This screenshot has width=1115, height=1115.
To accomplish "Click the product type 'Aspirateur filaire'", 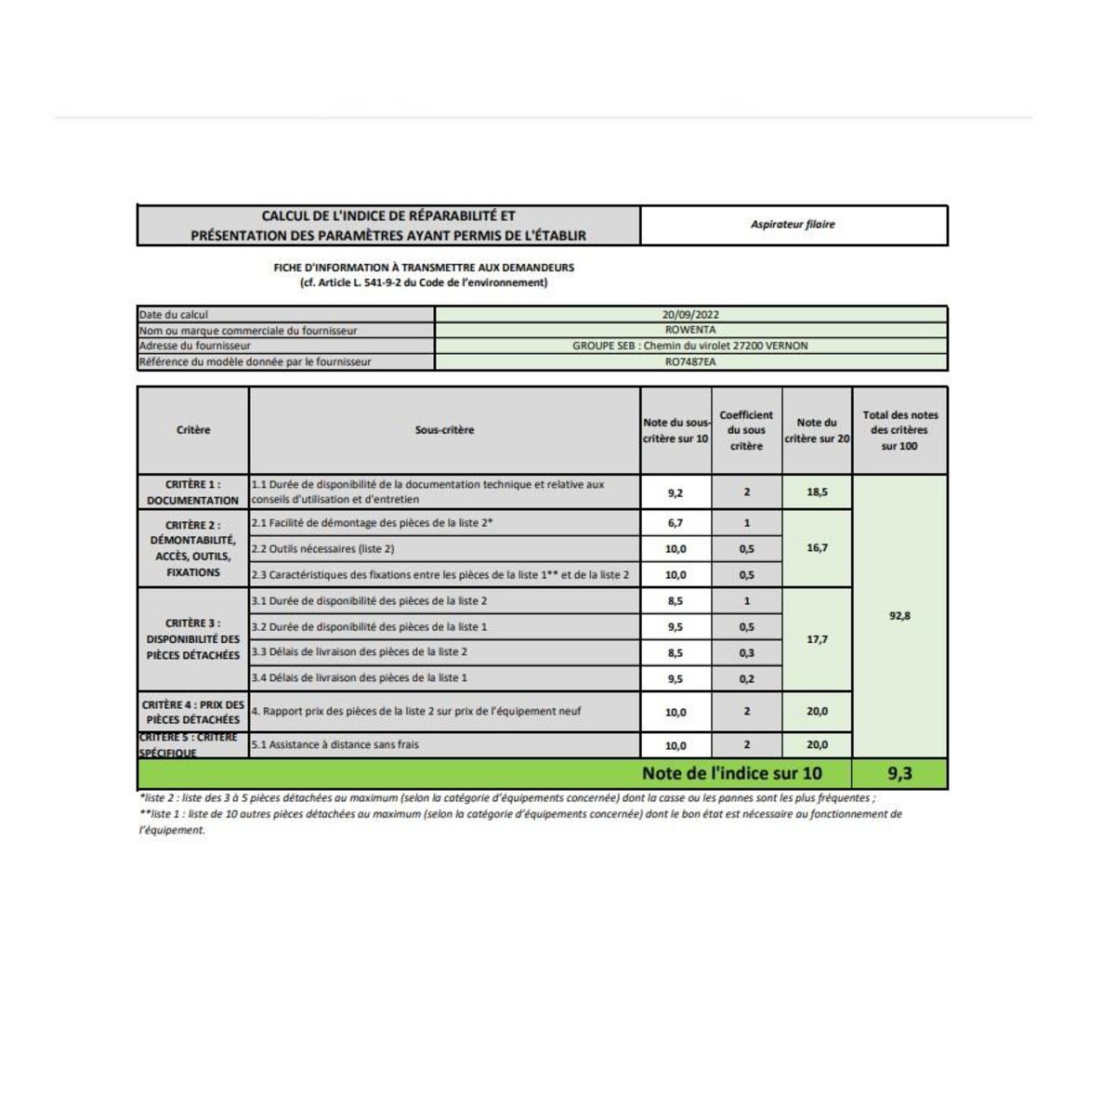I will tap(793, 225).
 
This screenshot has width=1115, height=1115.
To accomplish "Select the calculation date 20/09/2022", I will tap(690, 314).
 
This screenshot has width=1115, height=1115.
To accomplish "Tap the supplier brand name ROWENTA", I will tap(690, 330).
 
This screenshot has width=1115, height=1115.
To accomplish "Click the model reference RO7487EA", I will tap(690, 361).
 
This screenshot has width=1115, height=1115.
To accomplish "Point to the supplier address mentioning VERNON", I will tap(690, 346).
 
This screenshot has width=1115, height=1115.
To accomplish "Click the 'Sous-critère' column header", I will tap(444, 430).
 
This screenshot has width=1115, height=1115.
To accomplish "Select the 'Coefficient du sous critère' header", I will tap(746, 430).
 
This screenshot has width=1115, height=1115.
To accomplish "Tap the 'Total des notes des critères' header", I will tap(899, 430).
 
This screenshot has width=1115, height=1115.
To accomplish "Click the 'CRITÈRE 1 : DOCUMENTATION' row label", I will tap(192, 492).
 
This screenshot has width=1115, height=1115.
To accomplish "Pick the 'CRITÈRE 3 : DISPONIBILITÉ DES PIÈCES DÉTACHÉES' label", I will tap(192, 639).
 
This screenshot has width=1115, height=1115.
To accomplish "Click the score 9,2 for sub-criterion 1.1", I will tap(676, 492).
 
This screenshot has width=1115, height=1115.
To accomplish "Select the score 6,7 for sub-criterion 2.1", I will tap(676, 523).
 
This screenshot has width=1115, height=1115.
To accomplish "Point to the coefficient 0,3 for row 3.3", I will tap(746, 653).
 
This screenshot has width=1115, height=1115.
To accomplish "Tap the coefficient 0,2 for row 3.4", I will tap(746, 679).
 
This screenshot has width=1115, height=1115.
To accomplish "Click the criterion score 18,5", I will tap(817, 492).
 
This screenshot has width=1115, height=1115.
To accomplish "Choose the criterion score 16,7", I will tap(817, 548).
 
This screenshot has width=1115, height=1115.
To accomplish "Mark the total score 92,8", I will tap(899, 616).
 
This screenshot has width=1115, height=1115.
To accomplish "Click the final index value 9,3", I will tap(899, 773).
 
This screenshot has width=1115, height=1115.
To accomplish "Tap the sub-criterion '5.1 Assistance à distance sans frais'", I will tap(335, 745).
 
